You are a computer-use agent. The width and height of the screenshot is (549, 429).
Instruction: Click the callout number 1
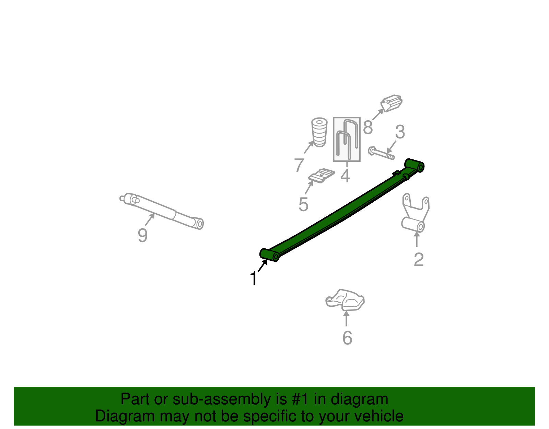[253, 278]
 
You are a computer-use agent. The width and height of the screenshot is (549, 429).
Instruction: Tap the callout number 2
[418, 260]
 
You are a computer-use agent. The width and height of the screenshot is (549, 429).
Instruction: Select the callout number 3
[400, 132]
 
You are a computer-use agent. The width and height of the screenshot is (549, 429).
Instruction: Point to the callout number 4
[345, 176]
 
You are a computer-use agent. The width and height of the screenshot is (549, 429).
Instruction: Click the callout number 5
[303, 205]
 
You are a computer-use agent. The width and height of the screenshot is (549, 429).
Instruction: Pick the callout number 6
[347, 338]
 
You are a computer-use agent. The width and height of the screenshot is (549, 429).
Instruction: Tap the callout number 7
[299, 165]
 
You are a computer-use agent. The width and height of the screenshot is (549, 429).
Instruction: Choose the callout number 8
[367, 128]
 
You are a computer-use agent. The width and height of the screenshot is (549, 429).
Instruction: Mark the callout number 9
[142, 236]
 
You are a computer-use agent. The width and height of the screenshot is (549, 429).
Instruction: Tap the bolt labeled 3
[381, 153]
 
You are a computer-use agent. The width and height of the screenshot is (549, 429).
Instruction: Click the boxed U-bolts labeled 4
[347, 139]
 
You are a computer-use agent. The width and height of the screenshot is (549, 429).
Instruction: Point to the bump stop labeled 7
[319, 132]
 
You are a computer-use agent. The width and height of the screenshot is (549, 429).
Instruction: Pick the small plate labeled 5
[322, 176]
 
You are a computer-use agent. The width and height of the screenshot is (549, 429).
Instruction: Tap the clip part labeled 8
[392, 103]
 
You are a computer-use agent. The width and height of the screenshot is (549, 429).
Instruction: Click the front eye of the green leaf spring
[270, 255]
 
